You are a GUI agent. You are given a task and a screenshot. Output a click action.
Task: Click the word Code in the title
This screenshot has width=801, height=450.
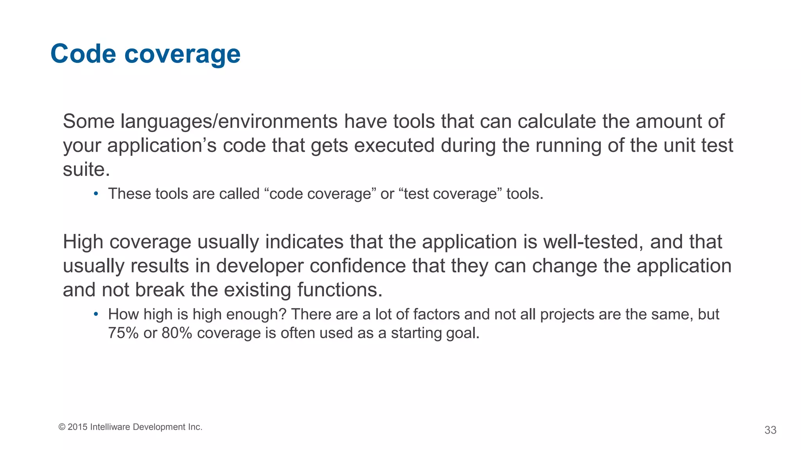83,54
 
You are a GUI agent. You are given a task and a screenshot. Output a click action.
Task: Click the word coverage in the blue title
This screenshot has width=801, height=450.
182,55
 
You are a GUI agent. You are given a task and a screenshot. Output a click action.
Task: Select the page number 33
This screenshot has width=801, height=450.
770,430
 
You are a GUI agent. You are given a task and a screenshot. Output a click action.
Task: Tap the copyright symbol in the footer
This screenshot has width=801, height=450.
62,427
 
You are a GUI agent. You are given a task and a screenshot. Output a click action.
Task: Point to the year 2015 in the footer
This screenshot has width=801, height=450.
77,427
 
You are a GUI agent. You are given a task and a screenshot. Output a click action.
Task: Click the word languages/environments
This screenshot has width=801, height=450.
229,121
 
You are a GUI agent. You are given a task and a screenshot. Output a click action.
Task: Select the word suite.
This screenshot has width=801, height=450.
86,170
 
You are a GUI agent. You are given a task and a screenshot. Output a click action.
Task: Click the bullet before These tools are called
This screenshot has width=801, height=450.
96,194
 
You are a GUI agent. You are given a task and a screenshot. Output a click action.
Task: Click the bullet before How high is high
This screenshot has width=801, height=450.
96,314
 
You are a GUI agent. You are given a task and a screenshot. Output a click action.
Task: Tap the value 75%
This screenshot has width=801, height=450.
123,333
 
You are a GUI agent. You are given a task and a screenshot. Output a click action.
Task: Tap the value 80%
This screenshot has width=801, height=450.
177,333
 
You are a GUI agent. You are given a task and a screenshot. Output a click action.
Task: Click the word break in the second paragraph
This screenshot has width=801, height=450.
160,290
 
